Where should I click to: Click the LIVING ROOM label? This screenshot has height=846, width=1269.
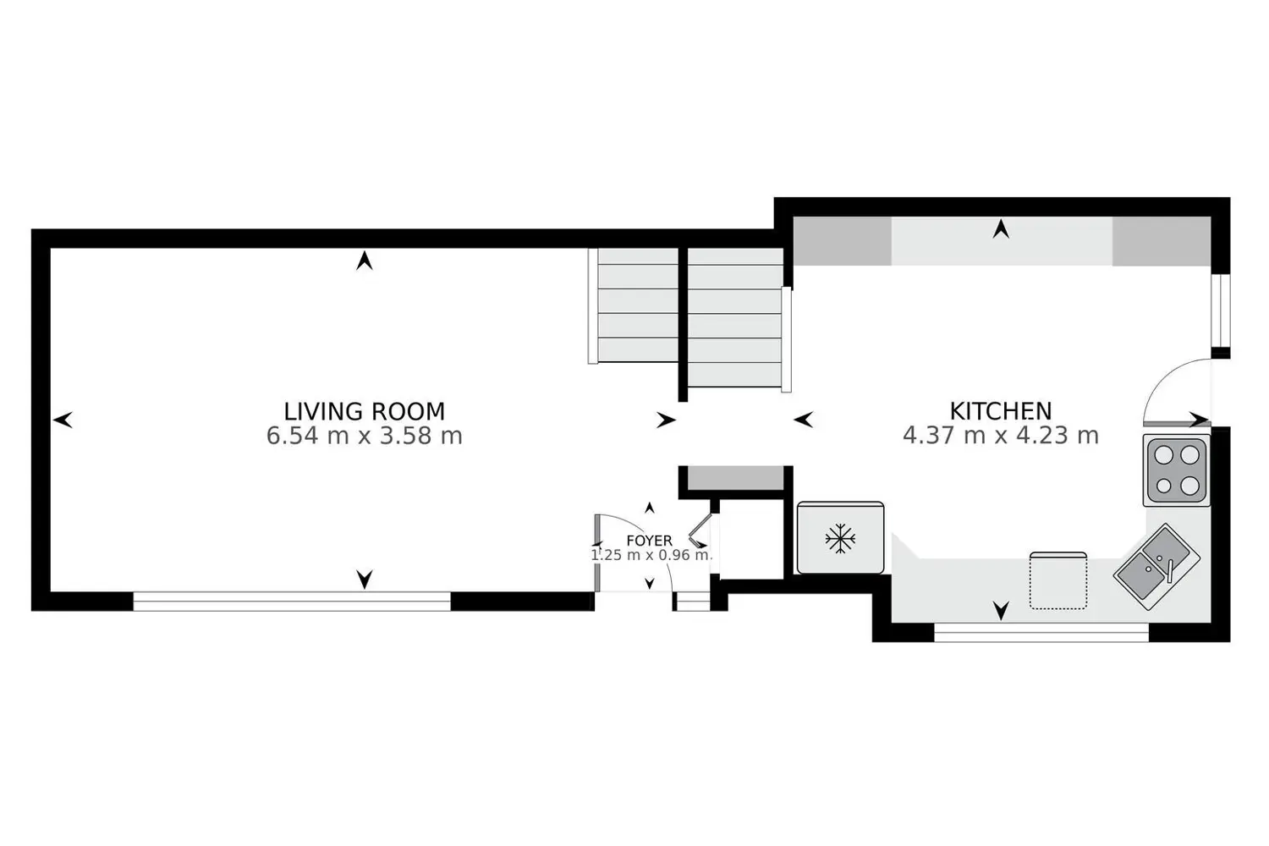(x=365, y=411)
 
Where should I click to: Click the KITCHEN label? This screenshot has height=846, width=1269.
(x=1001, y=411)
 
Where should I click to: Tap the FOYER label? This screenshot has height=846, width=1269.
(x=649, y=541)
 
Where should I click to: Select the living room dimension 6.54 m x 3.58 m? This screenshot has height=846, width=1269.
(x=365, y=436)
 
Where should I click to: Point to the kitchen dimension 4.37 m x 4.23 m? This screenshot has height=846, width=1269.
(x=1001, y=436)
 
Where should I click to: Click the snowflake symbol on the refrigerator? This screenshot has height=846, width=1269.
(x=839, y=538)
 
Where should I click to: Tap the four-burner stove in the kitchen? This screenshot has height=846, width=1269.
(x=1177, y=470)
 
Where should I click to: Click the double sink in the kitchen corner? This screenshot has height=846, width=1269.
(x=1156, y=567)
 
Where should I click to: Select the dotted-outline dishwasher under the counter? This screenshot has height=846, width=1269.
(x=1057, y=581)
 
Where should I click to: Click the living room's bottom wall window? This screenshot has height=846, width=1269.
(x=292, y=602)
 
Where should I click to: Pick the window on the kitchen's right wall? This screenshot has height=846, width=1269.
(x=1220, y=310)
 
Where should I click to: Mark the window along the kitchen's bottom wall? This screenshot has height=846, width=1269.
(x=1041, y=632)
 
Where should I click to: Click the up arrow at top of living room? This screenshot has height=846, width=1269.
(x=365, y=260)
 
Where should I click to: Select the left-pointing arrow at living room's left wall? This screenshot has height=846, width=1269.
(x=63, y=420)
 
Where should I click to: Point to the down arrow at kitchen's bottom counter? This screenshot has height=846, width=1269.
(x=1001, y=610)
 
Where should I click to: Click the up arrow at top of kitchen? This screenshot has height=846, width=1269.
(x=1001, y=229)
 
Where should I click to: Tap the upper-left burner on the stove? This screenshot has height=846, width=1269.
(x=1163, y=455)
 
